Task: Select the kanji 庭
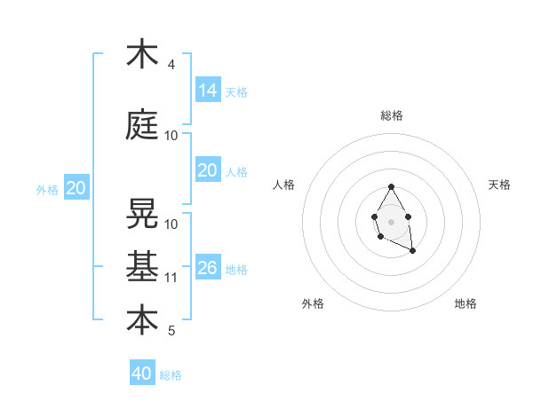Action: click(142, 125)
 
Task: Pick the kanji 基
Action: click(142, 266)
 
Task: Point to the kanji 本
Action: click(142, 319)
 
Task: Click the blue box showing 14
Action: click(208, 90)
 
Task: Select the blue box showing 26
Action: click(208, 267)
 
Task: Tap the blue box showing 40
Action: click(142, 374)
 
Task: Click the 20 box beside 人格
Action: click(208, 170)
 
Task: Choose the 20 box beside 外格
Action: click(76, 187)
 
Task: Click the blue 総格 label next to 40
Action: click(171, 375)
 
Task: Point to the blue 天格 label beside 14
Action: click(236, 92)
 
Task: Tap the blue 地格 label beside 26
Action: click(236, 270)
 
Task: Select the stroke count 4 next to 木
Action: click(171, 65)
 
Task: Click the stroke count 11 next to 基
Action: click(171, 278)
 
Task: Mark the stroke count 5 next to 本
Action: click(171, 331)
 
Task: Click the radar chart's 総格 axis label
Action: click(392, 115)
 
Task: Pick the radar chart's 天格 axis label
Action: click(499, 185)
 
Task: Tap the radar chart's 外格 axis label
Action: click(313, 303)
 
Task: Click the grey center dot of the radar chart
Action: click(391, 220)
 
